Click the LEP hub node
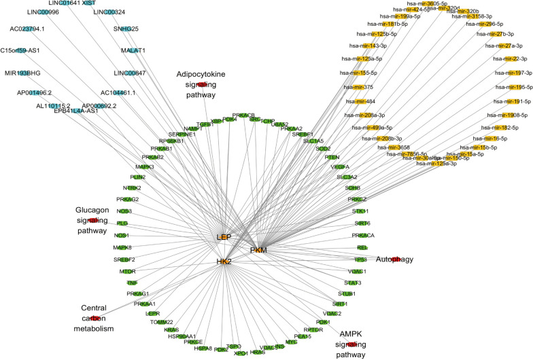point(224,237)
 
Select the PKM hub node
point(258,251)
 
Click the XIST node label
point(89,3)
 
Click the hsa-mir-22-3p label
point(503,59)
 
